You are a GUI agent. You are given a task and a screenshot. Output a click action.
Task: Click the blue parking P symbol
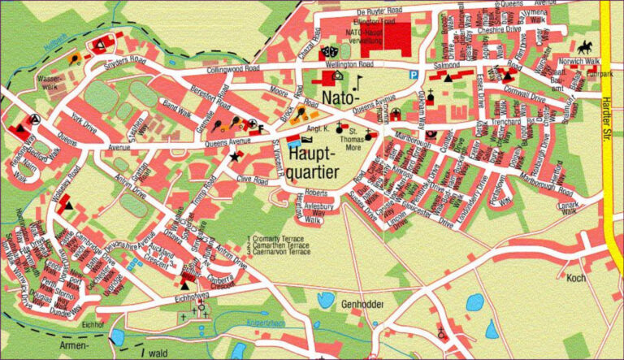(x=414, y=74)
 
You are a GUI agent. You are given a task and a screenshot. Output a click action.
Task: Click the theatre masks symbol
(x=328, y=50)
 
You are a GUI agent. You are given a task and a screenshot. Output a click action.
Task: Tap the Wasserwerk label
(x=50, y=82)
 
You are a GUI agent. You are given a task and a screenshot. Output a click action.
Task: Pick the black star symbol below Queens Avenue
(x=236, y=156)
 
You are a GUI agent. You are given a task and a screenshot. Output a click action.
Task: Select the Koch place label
(x=576, y=279)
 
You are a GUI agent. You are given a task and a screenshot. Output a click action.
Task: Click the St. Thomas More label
(x=352, y=141)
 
